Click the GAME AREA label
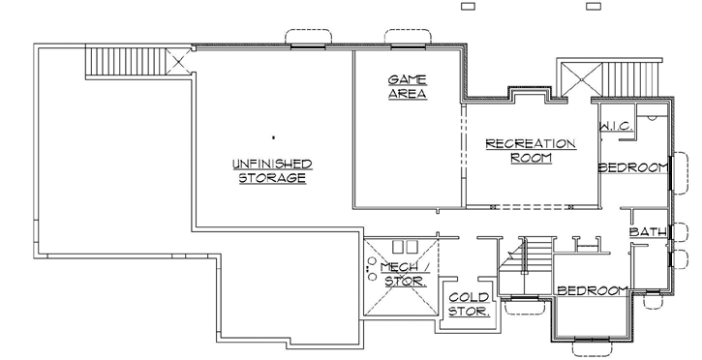408,86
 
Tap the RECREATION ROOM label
530,151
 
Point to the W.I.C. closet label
616,127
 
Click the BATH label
646,232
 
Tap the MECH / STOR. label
402,274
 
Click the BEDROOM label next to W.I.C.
633,167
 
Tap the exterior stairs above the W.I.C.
630,78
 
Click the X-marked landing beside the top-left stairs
178,63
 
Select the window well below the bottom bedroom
591,345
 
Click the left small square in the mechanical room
395,246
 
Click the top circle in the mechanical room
370,260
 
